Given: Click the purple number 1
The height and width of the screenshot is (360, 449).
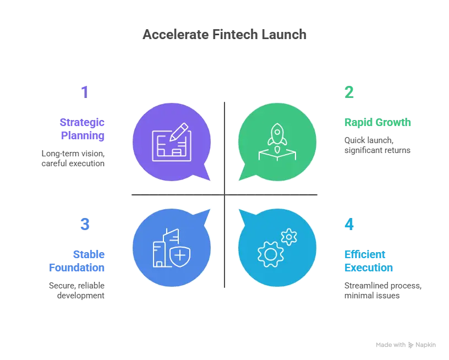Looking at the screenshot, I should pyautogui.click(x=84, y=92).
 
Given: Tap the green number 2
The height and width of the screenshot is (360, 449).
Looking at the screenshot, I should pyautogui.click(x=349, y=92).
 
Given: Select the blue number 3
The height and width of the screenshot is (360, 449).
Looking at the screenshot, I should pyautogui.click(x=85, y=224).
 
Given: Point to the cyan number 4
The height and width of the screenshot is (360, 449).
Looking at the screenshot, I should pyautogui.click(x=349, y=224).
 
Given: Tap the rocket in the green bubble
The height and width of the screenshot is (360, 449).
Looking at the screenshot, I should pyautogui.click(x=277, y=134).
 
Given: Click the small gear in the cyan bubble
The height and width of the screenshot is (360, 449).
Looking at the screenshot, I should pyautogui.click(x=288, y=237).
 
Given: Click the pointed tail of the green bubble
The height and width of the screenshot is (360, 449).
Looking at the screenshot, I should pyautogui.click(x=242, y=178).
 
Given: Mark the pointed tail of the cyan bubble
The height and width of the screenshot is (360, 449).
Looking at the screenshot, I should pyautogui.click(x=242, y=213).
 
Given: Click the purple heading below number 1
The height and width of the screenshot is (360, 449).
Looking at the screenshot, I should pyautogui.click(x=83, y=129).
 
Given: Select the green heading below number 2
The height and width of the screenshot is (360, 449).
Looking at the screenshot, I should pyautogui.click(x=377, y=122).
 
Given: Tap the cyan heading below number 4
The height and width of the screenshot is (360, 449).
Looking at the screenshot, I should pyautogui.click(x=369, y=261).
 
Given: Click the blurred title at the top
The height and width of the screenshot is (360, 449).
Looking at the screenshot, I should pyautogui.click(x=224, y=34).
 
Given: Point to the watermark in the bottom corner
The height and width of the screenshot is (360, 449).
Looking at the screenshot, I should pyautogui.click(x=405, y=343).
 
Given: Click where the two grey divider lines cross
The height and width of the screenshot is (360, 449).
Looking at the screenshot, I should pyautogui.click(x=224, y=195).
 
